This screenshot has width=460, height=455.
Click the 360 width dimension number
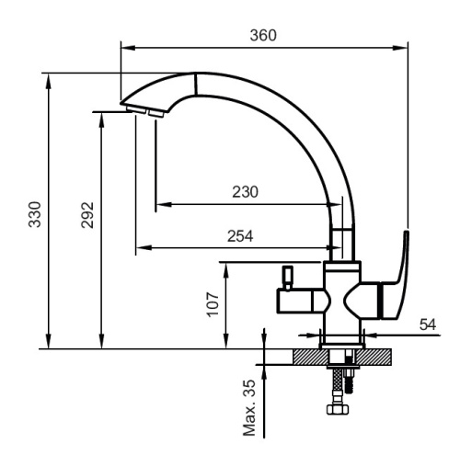coord(263,35)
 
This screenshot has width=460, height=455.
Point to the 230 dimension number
coord(244,192)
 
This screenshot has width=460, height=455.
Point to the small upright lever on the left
coord(285,277)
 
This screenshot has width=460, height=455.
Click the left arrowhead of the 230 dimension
coord(161,203)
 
